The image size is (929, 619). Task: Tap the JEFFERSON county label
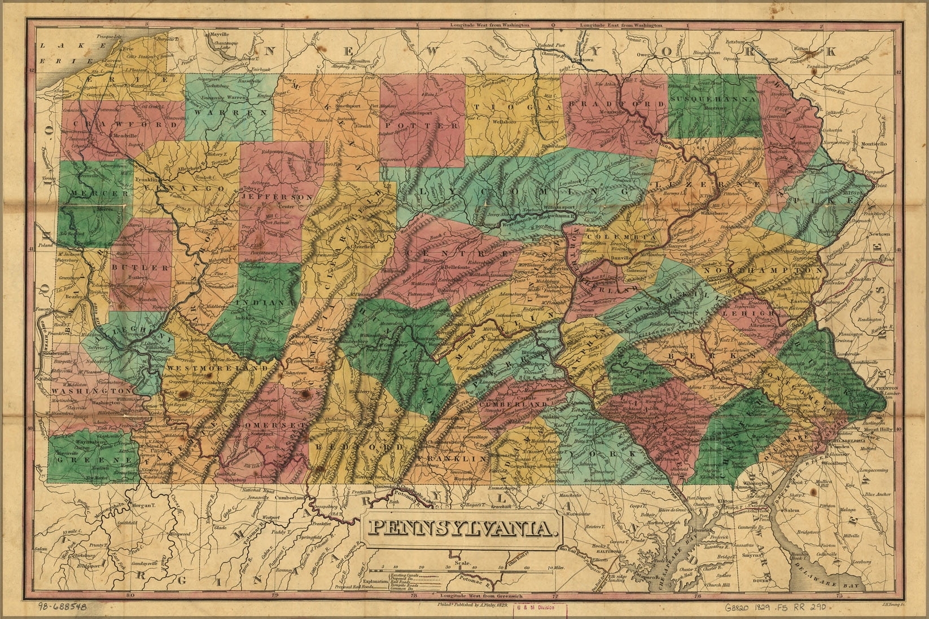(x=277, y=197)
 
